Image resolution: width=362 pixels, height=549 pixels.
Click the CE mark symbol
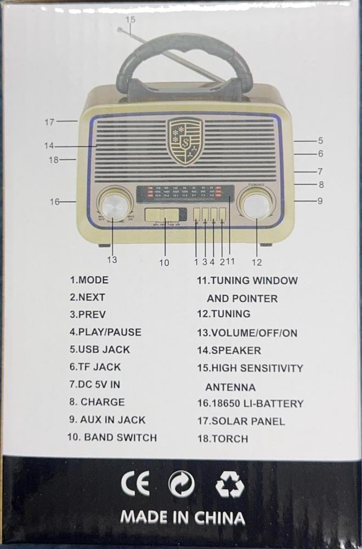click(x=135, y=484)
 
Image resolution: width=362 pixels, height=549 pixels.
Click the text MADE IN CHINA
click(x=182, y=517)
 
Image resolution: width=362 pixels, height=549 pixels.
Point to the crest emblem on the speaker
click(x=184, y=141)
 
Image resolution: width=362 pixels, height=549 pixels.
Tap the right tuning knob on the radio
click(x=256, y=205)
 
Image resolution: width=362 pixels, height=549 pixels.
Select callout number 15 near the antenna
click(x=130, y=19)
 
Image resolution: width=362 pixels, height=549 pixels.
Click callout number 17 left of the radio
click(x=49, y=122)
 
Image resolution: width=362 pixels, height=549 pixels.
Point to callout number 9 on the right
click(x=320, y=201)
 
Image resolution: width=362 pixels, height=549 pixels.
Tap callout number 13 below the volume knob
click(x=112, y=260)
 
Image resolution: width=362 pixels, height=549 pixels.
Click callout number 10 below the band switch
click(x=164, y=262)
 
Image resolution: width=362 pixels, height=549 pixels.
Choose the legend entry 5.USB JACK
click(x=100, y=349)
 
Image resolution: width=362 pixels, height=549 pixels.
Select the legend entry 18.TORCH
click(x=223, y=439)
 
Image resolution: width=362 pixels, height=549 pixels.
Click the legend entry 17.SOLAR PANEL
click(x=241, y=421)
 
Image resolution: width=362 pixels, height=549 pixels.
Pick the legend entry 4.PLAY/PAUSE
click(x=105, y=332)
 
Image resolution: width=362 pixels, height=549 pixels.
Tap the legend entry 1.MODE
click(x=89, y=279)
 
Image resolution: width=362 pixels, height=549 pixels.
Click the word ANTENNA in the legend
click(x=230, y=386)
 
